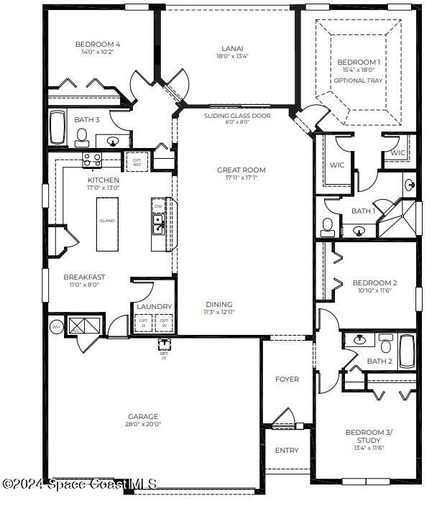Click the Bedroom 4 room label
point(98,45)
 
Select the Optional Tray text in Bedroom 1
point(358,80)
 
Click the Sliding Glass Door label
point(227,115)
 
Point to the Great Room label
point(241,170)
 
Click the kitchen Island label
point(107,221)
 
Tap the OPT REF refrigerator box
point(137,162)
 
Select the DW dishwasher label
point(158,206)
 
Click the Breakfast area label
point(84,277)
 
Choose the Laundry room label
point(155,307)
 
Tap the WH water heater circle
point(56,327)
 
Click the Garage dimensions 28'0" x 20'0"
point(143,424)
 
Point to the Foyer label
point(287,379)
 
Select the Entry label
point(287,451)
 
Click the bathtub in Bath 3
point(57,129)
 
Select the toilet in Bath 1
point(328,227)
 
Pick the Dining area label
point(218,304)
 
